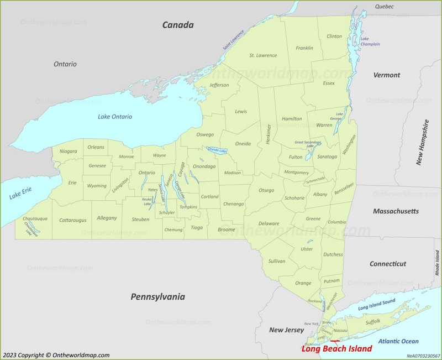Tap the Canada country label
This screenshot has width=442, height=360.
point(177,25)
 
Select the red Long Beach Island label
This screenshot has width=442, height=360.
point(336,349)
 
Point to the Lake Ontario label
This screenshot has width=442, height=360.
point(115,117)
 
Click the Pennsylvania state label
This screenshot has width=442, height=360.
point(157,297)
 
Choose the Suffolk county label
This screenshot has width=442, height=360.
point(373,322)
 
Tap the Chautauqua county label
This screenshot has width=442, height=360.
point(35,219)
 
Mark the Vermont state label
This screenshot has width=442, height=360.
point(386,75)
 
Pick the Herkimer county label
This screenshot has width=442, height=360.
point(269,133)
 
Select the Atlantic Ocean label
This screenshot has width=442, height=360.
point(398,341)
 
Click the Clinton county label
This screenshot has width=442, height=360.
point(334,36)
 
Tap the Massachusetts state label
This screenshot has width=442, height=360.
point(396,211)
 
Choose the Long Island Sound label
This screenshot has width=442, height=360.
point(377,304)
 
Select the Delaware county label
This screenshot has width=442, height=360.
point(269,223)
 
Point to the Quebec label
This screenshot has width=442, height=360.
point(384,7)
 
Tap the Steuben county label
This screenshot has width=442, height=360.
point(140,220)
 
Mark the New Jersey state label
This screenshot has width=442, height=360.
point(286,330)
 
